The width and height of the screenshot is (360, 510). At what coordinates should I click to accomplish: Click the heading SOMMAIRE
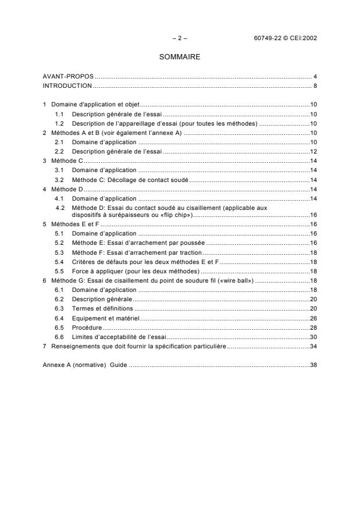[x=180, y=58]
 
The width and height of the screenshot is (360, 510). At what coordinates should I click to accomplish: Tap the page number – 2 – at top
[x=180, y=38]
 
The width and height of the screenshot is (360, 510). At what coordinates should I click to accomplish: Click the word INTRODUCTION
[x=67, y=85]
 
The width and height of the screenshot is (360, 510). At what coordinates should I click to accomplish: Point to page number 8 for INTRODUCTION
[x=315, y=85]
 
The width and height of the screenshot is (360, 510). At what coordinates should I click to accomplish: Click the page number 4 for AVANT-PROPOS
[x=315, y=77]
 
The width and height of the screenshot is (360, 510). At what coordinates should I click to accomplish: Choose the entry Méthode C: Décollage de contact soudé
[x=130, y=180]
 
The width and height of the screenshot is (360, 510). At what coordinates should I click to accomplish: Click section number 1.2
[x=59, y=124]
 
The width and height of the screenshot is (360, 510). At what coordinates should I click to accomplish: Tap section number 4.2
[x=59, y=207]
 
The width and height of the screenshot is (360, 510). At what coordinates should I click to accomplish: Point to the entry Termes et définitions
[x=102, y=308]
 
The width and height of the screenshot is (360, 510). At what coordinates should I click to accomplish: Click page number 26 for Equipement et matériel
[x=313, y=318]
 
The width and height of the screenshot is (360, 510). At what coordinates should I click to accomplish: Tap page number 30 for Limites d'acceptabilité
[x=313, y=337]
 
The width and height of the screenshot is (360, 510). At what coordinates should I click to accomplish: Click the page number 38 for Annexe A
[x=313, y=365]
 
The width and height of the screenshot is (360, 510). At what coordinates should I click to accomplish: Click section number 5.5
[x=59, y=271]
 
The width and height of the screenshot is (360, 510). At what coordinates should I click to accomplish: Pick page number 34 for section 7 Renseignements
[x=313, y=347]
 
